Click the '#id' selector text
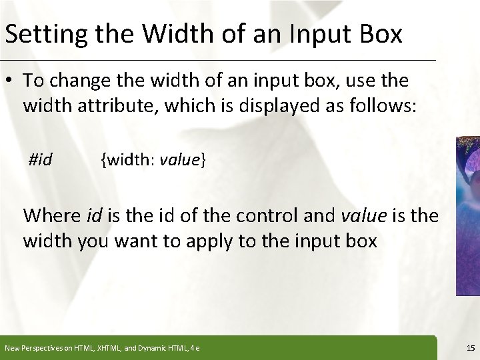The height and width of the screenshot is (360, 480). pos(41,159)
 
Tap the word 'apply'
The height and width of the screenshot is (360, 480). pos(209,241)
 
